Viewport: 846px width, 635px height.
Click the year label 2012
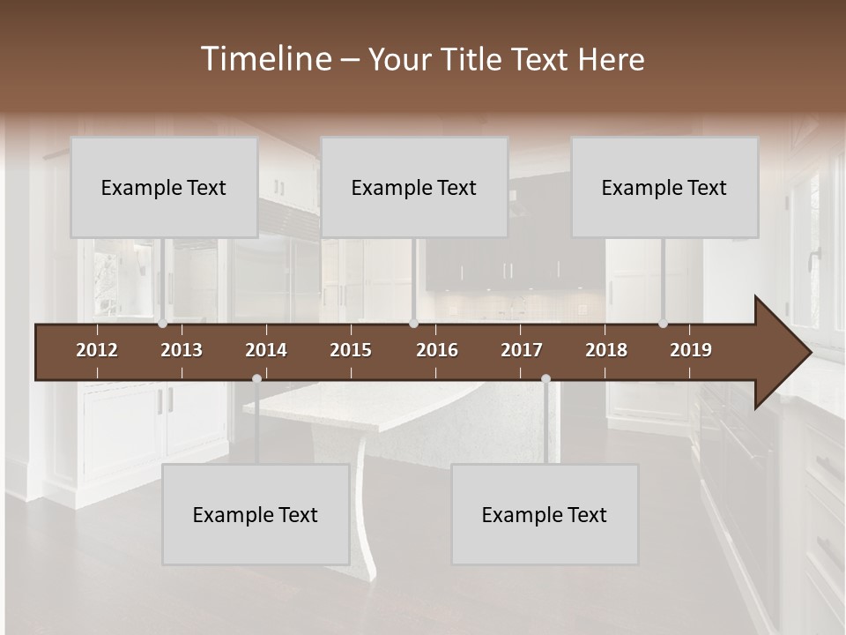(97, 350)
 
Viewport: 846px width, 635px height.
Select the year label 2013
(182, 350)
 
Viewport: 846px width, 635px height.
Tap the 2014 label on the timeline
(266, 350)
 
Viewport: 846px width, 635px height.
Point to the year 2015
(351, 350)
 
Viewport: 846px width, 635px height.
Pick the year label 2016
(437, 350)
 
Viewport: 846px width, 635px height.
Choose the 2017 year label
(522, 350)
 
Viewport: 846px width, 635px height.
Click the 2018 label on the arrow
(606, 350)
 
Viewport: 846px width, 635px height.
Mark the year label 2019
(691, 350)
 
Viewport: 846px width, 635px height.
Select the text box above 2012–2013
(164, 187)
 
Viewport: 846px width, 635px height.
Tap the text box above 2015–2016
(414, 187)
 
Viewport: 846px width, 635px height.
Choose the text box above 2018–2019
(664, 187)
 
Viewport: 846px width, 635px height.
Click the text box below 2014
(256, 514)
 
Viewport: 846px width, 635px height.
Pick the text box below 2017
(545, 514)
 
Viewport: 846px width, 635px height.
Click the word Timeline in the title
(264, 59)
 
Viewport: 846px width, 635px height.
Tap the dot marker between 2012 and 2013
(162, 324)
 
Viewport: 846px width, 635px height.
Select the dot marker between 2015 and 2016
(413, 324)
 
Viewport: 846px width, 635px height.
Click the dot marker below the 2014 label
(256, 378)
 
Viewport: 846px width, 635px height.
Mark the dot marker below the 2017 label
(545, 378)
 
